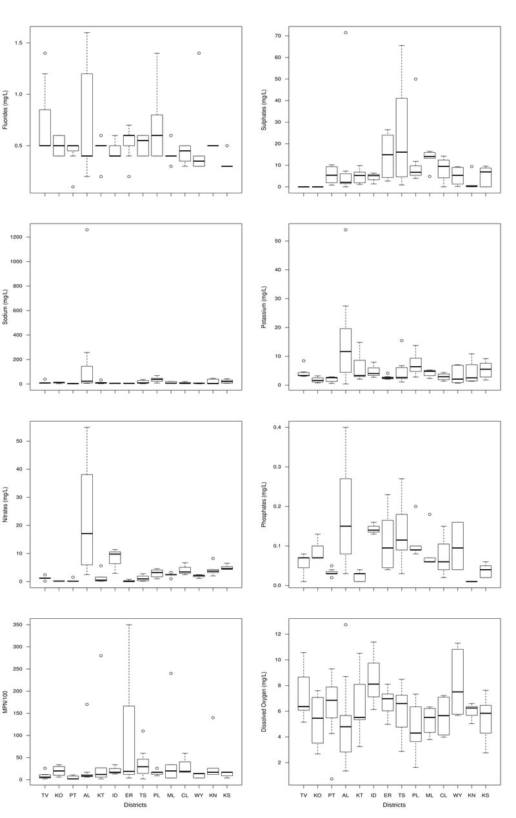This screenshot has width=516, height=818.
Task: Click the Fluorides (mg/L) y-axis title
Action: (x=5, y=110)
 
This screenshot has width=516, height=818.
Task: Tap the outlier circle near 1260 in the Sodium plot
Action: (x=86, y=229)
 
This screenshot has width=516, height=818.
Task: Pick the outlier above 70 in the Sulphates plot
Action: (x=345, y=32)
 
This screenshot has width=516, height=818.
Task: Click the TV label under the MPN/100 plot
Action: (x=45, y=795)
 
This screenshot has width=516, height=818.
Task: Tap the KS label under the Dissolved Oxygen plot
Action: (x=486, y=795)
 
